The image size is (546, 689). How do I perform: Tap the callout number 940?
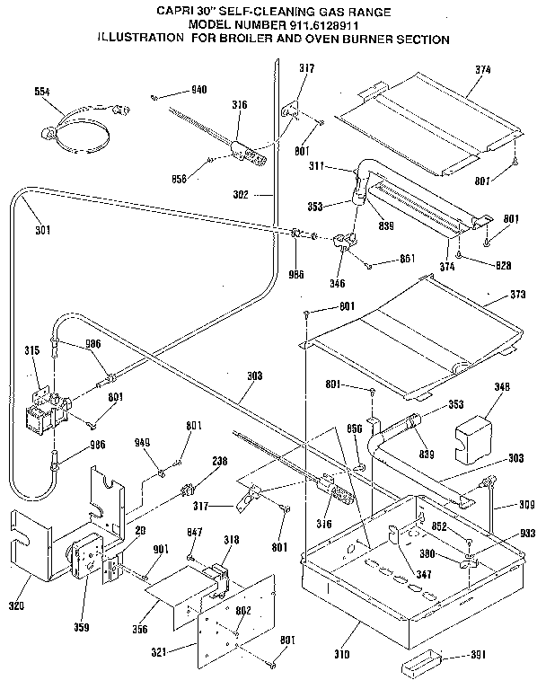(x=198, y=91)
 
